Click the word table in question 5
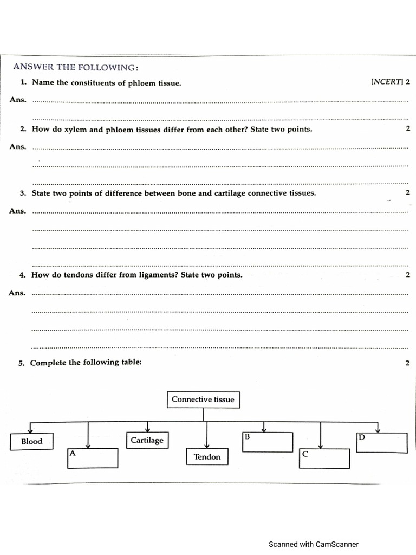(x=130, y=362)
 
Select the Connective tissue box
(x=203, y=399)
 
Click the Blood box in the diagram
(x=31, y=441)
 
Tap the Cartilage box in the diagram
(x=147, y=440)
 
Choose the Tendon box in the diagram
(x=207, y=457)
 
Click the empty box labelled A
(x=93, y=458)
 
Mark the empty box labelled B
(x=268, y=442)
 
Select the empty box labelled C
(x=325, y=459)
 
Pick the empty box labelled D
(x=382, y=442)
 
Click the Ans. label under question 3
(x=17, y=211)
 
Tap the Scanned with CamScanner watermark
(x=314, y=544)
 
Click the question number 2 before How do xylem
(x=23, y=129)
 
